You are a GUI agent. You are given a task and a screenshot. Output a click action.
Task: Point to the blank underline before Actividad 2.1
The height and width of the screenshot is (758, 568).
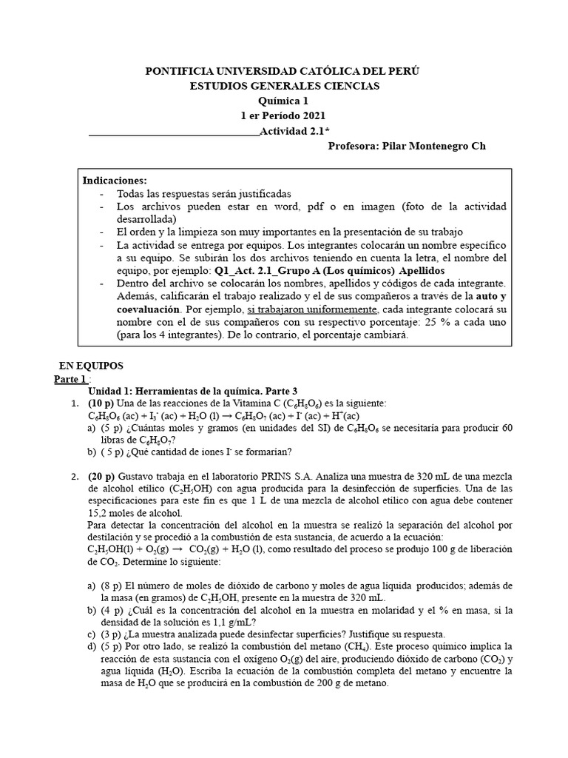(x=174, y=133)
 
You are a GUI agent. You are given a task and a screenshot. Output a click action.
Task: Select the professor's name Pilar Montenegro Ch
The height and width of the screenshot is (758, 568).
(x=430, y=146)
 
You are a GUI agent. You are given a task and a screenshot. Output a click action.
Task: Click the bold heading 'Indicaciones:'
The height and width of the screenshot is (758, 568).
(x=115, y=181)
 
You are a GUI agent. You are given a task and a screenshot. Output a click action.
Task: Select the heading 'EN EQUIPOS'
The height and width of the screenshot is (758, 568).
(x=91, y=366)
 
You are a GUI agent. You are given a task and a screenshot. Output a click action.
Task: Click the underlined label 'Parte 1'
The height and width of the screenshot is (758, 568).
(x=70, y=379)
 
